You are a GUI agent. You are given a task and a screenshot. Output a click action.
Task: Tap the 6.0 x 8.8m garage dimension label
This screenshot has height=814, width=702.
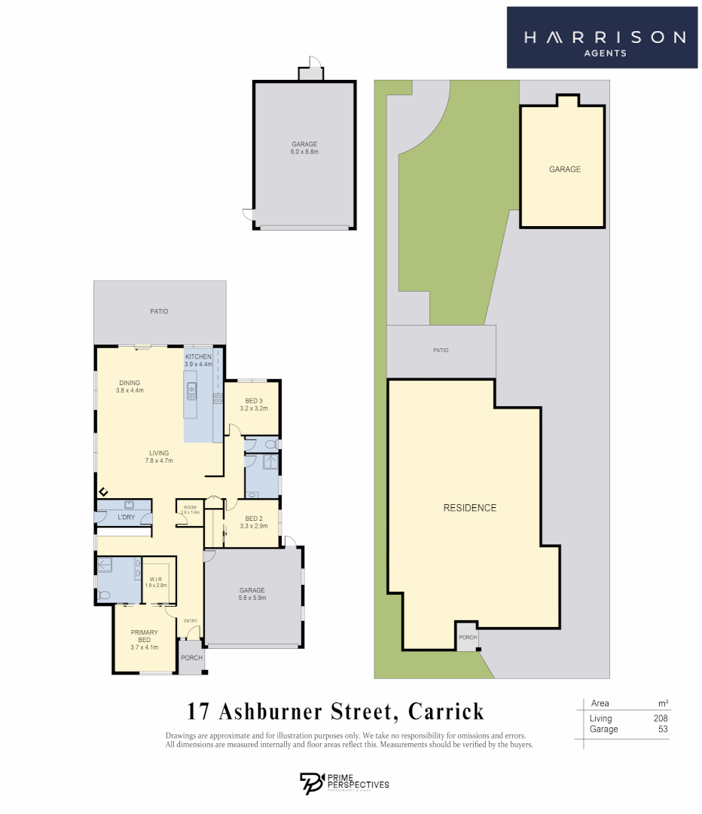click(305, 152)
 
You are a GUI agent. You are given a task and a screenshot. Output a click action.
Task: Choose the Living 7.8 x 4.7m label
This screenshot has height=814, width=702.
click(159, 457)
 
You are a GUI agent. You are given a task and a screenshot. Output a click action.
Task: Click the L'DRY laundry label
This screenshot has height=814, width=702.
click(126, 517)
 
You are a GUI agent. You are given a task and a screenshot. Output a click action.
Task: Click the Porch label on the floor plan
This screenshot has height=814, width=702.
click(191, 657)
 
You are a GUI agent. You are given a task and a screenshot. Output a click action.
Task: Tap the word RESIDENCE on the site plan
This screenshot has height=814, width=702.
click(470, 508)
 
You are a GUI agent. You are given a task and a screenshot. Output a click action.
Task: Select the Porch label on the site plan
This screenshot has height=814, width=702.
click(468, 638)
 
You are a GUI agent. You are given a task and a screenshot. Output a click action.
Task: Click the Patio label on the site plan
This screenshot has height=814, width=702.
click(441, 350)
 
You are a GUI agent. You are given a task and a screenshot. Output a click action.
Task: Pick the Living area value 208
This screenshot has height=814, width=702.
click(661, 718)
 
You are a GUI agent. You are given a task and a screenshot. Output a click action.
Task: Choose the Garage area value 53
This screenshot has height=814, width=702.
click(663, 729)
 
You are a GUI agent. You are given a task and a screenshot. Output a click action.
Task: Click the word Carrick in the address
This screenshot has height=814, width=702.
click(446, 711)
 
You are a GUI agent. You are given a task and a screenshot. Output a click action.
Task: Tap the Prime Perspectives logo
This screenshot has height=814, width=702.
click(344, 783)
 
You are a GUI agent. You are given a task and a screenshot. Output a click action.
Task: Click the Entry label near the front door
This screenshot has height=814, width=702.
click(191, 621)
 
